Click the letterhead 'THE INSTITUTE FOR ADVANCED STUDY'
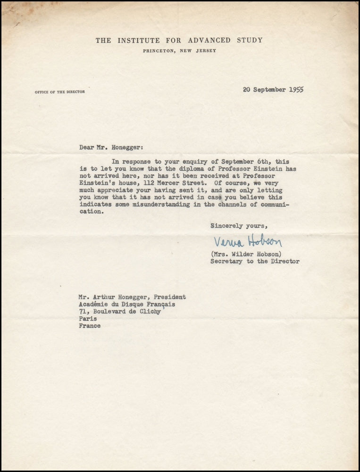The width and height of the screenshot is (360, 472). [x=179, y=41]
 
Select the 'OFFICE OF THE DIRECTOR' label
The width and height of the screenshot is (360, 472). [x=60, y=92]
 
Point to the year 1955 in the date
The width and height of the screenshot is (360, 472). [x=295, y=90]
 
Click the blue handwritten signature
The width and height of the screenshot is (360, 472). [x=248, y=242]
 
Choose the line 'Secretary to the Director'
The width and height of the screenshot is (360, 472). [x=255, y=261]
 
